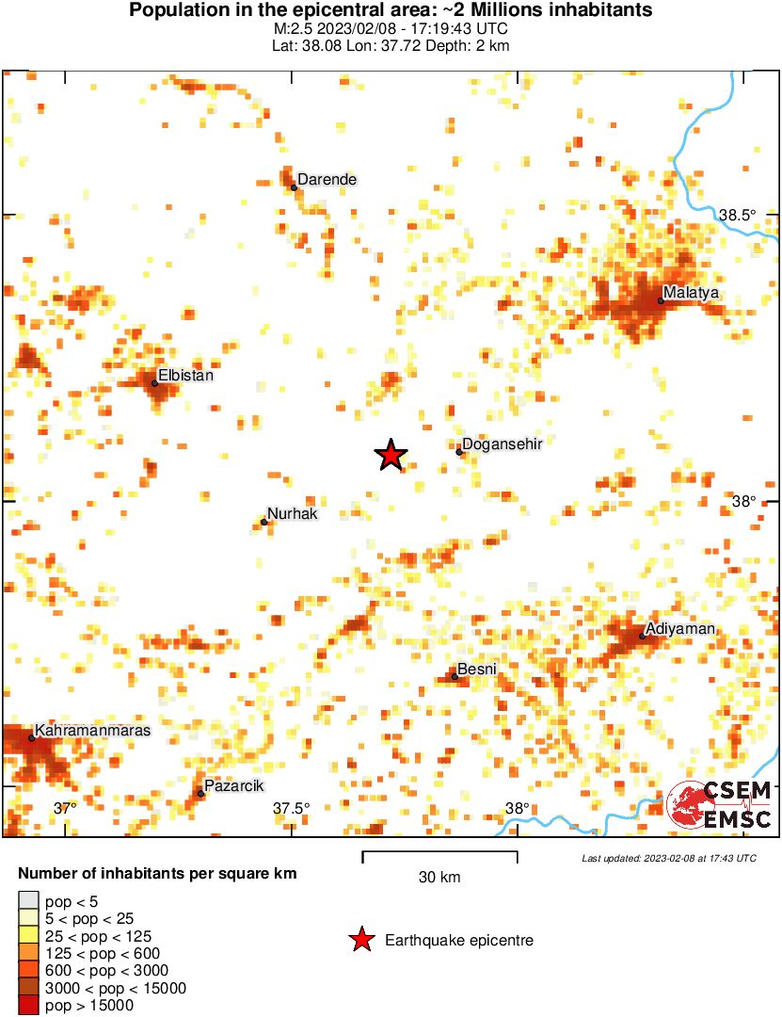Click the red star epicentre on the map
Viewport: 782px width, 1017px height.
point(391,455)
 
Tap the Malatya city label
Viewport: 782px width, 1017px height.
point(691,293)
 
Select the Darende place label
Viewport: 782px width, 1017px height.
point(327,179)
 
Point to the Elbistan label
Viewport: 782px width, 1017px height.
point(186,376)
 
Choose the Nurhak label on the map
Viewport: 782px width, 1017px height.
point(293,514)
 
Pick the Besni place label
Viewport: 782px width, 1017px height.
point(476,669)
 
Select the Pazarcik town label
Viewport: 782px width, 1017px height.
point(233,786)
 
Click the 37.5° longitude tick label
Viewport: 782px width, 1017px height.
point(292,808)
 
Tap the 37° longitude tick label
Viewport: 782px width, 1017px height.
point(65,808)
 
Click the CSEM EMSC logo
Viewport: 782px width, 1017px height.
point(720,806)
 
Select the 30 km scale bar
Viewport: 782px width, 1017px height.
point(439,857)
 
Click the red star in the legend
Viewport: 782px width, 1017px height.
point(360,940)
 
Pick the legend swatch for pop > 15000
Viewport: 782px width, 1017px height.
point(29,1006)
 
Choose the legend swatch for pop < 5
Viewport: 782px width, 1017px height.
point(29,901)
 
